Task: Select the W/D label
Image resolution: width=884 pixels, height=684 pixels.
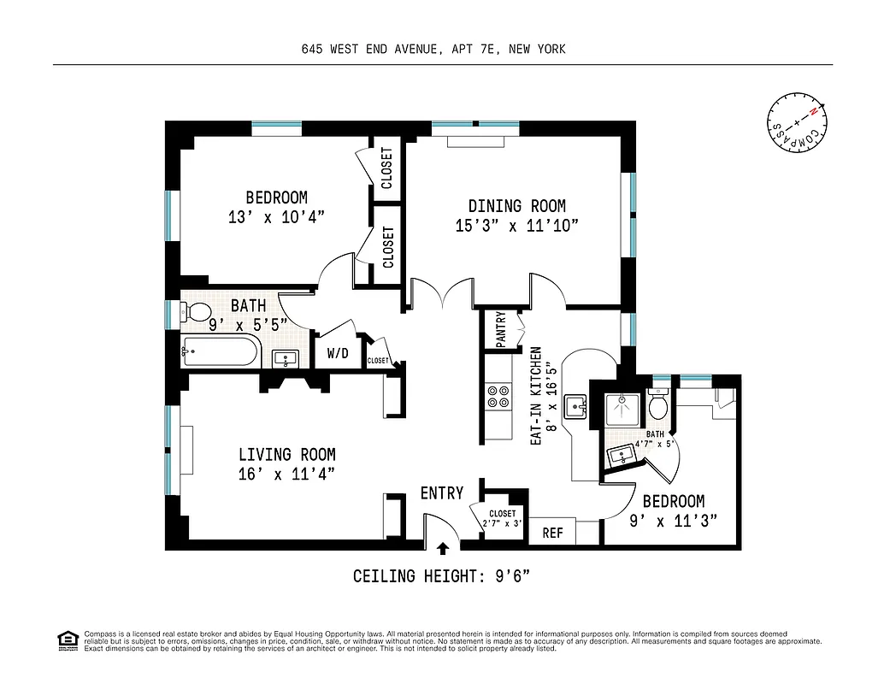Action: tap(337, 351)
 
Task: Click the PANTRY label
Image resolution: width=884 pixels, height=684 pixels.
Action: tap(500, 329)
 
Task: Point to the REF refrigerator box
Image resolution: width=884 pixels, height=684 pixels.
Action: tap(553, 533)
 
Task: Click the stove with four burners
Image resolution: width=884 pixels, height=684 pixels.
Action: tap(498, 397)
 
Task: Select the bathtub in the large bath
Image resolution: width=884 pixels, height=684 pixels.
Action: tap(220, 351)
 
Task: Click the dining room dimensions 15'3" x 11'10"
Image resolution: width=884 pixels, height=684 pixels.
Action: tap(517, 227)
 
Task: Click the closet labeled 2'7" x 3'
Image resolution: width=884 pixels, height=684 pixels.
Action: tap(502, 518)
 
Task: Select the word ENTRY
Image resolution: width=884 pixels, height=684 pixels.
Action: tap(442, 493)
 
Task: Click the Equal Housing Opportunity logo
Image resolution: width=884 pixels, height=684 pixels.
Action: tap(66, 640)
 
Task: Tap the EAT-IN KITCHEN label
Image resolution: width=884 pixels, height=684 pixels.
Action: tap(537, 395)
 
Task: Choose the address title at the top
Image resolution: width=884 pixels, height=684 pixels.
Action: tap(433, 50)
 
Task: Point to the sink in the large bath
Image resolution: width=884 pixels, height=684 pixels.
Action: tap(286, 359)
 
